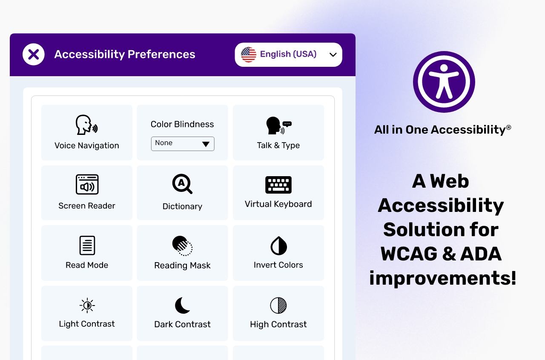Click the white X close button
pos(34,54)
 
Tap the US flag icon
pos(249,54)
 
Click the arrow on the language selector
pos(333,54)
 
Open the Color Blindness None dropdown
pos(183,144)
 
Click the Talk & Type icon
pos(278,126)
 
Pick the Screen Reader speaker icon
pos(87,185)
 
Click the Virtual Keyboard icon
pos(278,185)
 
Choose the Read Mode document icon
pos(87,246)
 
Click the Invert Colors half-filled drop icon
pos(278,246)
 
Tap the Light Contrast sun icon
pos(87,306)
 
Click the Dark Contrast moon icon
pos(182,306)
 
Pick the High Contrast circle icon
pos(278,306)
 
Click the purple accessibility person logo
pos(444,82)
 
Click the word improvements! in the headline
pos(443,278)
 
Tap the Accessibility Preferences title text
pos(125,54)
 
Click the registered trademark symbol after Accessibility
pos(508,127)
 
